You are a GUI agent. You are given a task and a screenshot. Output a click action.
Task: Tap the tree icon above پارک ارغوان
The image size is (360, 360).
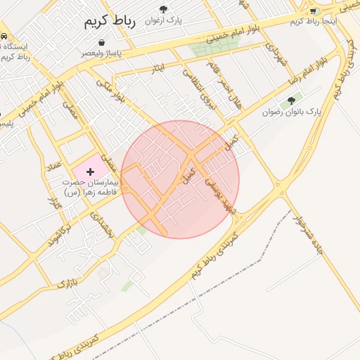click(164, 9)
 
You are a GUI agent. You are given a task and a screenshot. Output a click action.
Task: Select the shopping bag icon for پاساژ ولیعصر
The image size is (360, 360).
click(103, 42)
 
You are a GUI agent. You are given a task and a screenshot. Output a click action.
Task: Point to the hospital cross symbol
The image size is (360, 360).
click(90, 171)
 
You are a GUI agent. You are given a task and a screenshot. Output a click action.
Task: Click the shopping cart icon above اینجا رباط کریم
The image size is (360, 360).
click(313, 11)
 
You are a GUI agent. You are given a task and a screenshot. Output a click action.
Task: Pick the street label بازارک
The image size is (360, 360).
click(65, 283)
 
